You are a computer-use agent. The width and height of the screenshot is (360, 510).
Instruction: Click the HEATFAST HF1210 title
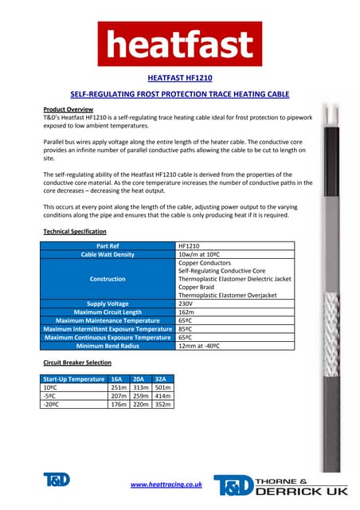point(179,78)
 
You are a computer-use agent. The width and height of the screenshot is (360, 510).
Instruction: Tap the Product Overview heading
point(68,108)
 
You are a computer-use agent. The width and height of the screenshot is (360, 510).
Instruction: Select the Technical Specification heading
point(75,231)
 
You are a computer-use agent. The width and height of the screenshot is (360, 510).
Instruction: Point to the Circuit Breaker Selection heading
point(76,363)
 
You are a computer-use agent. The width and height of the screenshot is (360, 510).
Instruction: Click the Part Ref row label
point(108,246)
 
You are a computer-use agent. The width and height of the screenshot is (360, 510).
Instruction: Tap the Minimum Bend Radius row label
point(108,346)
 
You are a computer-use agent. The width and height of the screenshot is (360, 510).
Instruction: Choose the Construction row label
point(108,279)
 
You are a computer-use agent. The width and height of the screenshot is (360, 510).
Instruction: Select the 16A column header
point(116,379)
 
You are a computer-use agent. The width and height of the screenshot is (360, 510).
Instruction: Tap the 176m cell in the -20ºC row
point(117,404)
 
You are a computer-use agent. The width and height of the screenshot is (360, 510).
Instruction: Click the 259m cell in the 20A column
point(139,395)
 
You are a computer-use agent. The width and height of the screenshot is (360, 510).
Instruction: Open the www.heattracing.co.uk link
point(166,484)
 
